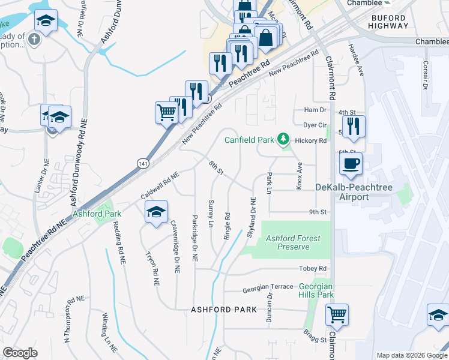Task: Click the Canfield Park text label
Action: pyautogui.click(x=249, y=140)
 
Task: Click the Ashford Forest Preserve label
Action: pyautogui.click(x=294, y=242)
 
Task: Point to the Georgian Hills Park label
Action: pyautogui.click(x=316, y=290)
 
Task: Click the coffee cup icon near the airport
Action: pyautogui.click(x=351, y=163)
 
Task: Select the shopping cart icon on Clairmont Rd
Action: pyautogui.click(x=337, y=314)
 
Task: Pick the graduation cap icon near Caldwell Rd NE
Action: pyautogui.click(x=156, y=212)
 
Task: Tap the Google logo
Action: pyautogui.click(x=20, y=353)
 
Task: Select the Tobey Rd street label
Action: pyautogui.click(x=314, y=268)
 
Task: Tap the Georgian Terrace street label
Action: pyautogui.click(x=268, y=289)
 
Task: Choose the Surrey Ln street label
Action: pyautogui.click(x=210, y=214)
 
